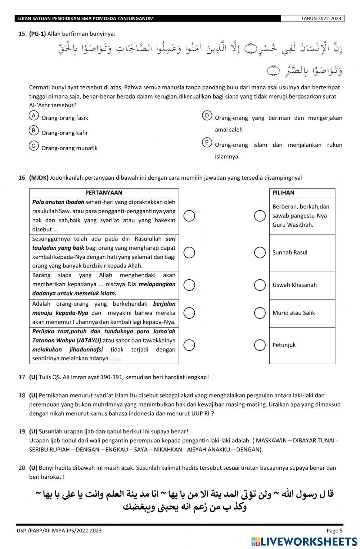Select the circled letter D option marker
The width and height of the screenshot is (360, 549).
pyautogui.click(x=207, y=115)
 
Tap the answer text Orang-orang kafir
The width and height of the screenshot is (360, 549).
pyautogui.click(x=65, y=133)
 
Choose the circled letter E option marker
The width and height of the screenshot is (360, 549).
pyautogui.click(x=207, y=143)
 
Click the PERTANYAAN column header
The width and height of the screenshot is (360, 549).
pyautogui.click(x=104, y=193)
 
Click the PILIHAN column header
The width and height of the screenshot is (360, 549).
pyautogui.click(x=283, y=193)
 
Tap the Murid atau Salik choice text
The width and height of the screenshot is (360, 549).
pyautogui.click(x=293, y=313)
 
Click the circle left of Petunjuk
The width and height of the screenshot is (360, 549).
pyautogui.click(x=260, y=345)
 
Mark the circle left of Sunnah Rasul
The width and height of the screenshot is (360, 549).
pyautogui.click(x=260, y=252)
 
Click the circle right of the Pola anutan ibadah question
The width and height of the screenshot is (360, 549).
pyautogui.click(x=189, y=216)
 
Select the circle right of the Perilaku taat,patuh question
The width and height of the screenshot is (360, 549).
pyautogui.click(x=189, y=345)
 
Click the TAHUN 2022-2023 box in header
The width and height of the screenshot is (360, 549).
pyautogui.click(x=312, y=19)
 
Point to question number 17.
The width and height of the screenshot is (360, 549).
pyautogui.click(x=22, y=377)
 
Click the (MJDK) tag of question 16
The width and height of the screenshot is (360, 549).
pyautogui.click(x=39, y=177)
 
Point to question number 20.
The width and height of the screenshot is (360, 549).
pyautogui.click(x=22, y=468)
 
